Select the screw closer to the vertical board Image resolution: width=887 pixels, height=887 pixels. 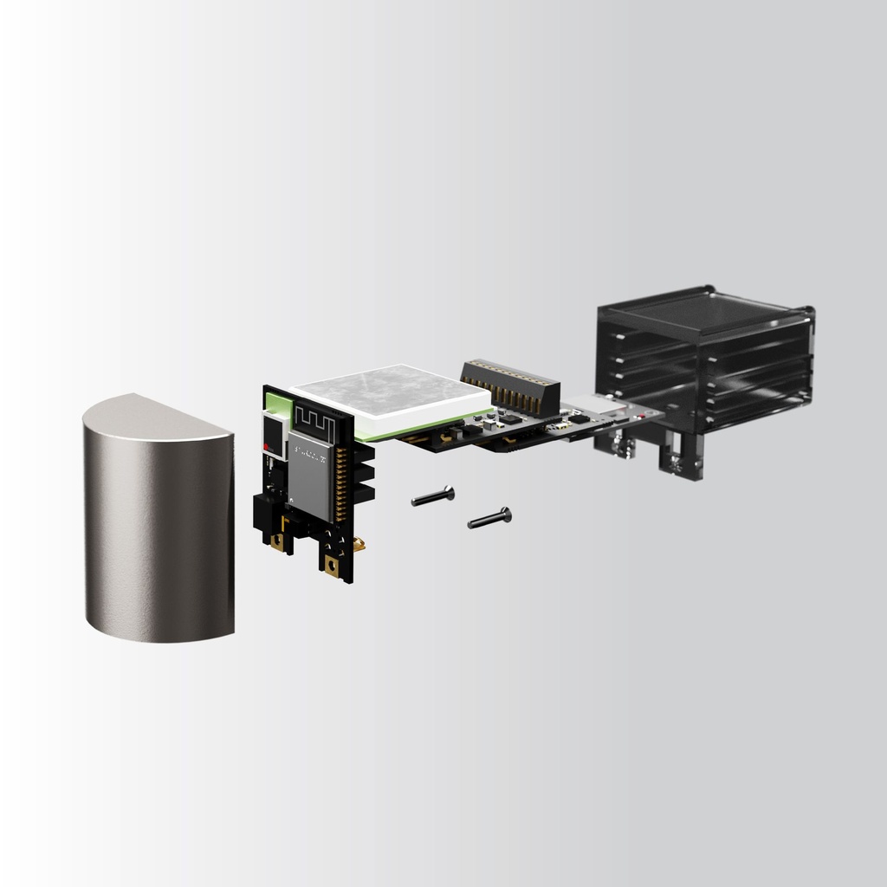coord(433,496)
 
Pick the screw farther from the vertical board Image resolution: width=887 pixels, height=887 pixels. coord(489,518)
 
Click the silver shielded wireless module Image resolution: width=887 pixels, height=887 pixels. coord(312,476)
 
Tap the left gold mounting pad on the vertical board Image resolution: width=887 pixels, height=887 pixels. coord(277,542)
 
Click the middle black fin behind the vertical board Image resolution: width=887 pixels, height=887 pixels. coord(365,473)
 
